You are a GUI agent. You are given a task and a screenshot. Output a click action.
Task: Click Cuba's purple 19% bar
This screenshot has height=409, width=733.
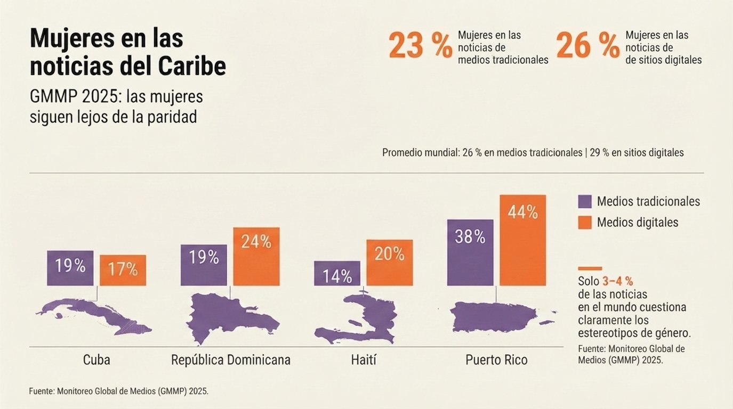coord(70,268)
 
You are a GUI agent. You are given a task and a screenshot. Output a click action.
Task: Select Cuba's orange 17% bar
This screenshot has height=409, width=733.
coord(123,271)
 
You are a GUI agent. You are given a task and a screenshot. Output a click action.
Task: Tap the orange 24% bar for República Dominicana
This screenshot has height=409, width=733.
coord(256,257)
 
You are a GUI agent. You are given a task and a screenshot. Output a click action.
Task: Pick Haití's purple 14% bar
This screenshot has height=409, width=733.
coord(337,273)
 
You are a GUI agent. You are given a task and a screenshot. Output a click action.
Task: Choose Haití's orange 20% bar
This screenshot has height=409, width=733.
coord(389,263)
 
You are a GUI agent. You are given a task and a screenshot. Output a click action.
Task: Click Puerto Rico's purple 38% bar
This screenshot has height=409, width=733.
coord(470,253)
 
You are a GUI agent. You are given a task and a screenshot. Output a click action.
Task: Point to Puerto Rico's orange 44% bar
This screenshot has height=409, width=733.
coord(522,240)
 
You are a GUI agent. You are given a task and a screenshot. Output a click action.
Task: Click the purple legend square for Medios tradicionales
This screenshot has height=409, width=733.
coord(585,201)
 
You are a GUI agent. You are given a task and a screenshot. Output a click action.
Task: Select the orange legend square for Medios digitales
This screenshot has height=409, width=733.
coord(585,222)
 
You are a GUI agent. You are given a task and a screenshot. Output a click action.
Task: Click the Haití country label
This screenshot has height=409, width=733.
coord(364,360)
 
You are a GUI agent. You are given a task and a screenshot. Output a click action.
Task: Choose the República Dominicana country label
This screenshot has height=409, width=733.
coord(231,360)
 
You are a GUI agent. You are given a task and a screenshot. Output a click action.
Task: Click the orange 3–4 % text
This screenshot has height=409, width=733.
coord(618,281)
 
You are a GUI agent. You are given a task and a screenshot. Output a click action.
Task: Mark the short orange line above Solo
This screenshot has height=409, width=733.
coord(590,268)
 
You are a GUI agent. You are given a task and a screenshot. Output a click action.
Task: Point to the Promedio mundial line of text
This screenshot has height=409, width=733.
coord(533,153)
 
